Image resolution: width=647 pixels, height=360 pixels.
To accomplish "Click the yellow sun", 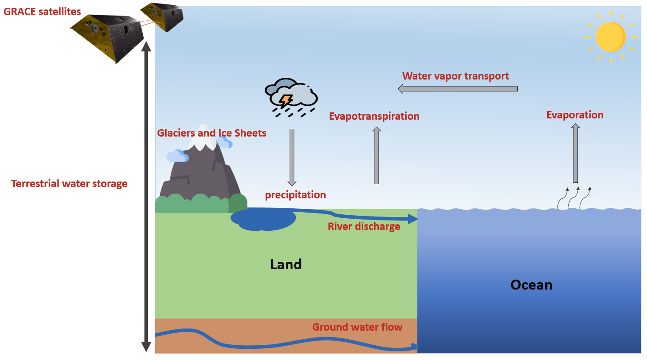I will pyautogui.click(x=610, y=37).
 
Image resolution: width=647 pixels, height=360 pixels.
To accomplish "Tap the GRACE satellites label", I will pyautogui.click(x=42, y=12).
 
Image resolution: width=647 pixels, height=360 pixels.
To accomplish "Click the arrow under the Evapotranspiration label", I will pyautogui.click(x=377, y=156).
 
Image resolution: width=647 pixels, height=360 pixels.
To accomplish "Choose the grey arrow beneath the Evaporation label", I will pyautogui.click(x=575, y=153).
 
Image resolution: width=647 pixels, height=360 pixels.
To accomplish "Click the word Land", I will pyautogui.click(x=286, y=264).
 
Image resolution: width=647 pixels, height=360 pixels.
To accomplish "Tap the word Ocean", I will pyautogui.click(x=531, y=285).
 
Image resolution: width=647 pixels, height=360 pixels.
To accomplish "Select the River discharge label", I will pyautogui.click(x=364, y=226).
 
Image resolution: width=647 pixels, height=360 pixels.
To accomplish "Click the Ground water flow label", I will pyautogui.click(x=357, y=327).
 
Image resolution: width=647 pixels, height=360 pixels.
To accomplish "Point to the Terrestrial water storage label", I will pyautogui.click(x=69, y=184).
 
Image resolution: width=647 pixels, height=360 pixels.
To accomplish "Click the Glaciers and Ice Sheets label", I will pyautogui.click(x=211, y=133).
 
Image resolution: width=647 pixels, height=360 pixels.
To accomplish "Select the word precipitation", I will pyautogui.click(x=295, y=195).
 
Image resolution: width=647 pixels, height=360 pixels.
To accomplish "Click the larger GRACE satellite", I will pyautogui.click(x=108, y=37).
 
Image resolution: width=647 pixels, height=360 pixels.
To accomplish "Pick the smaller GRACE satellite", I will pyautogui.click(x=163, y=16).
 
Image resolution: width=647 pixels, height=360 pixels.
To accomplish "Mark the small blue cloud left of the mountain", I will pyautogui.click(x=177, y=156).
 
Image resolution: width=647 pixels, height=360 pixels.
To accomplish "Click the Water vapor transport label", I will pyautogui.click(x=455, y=76).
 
